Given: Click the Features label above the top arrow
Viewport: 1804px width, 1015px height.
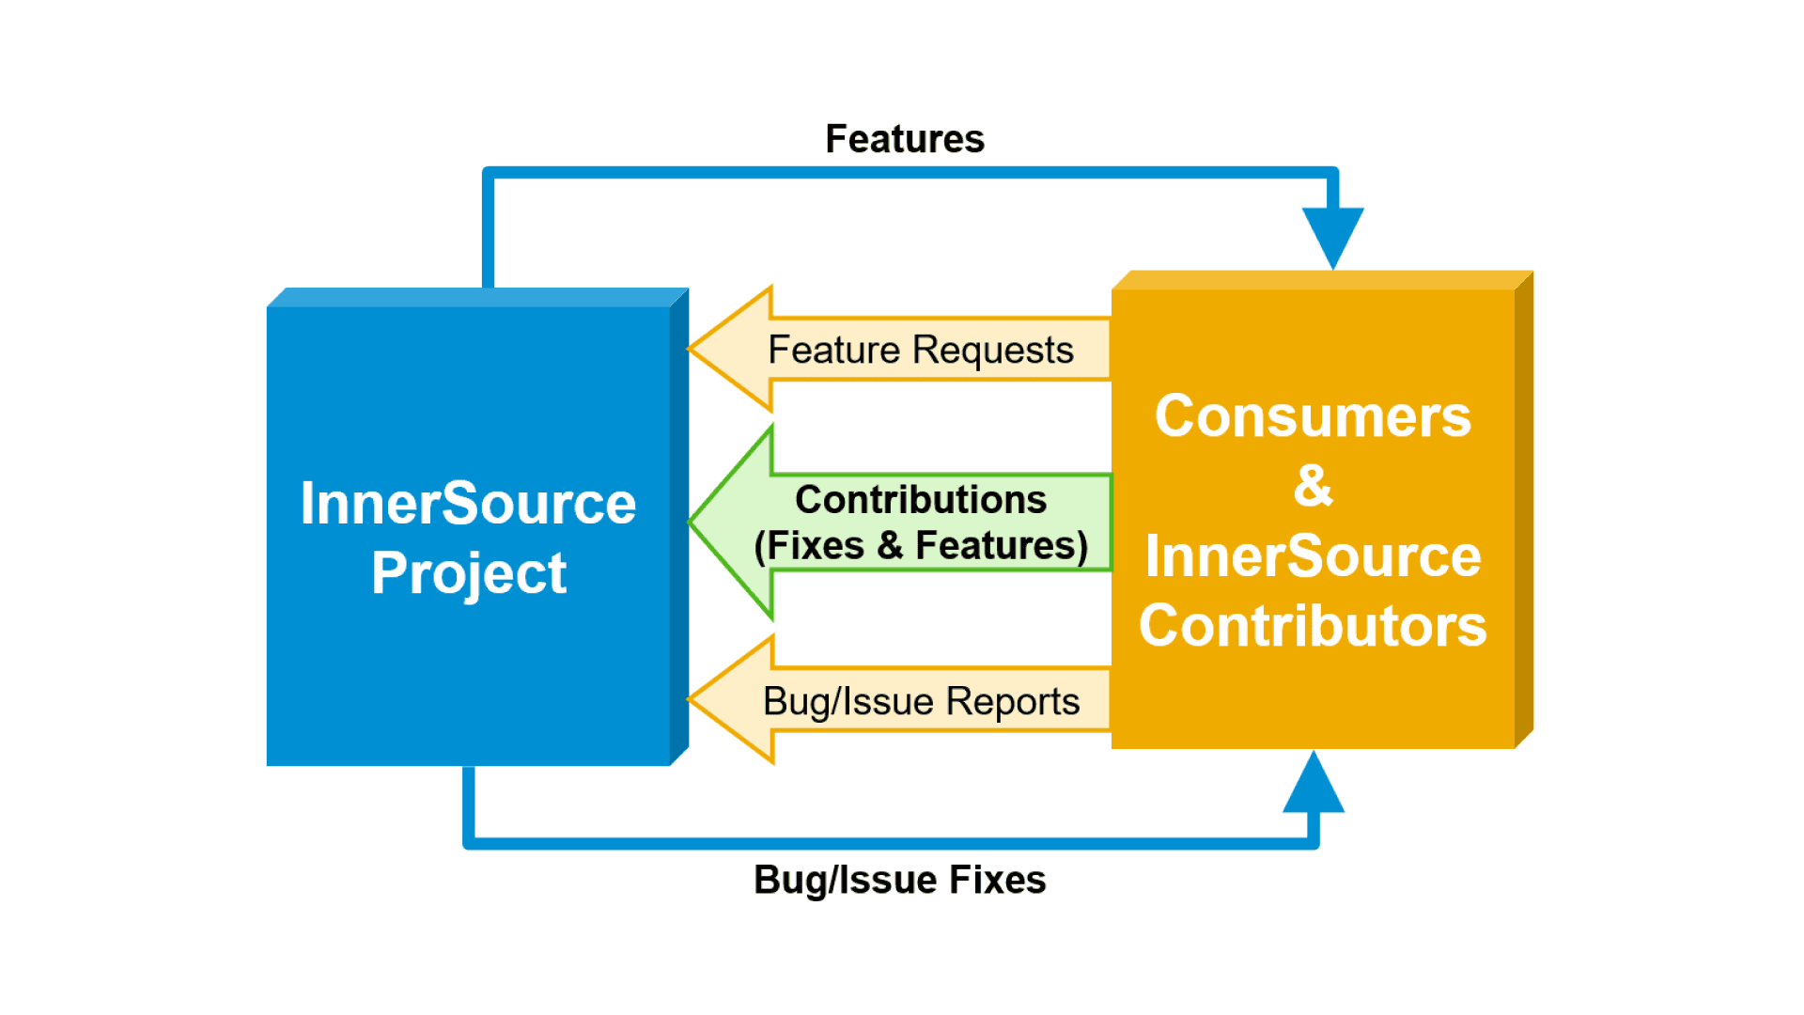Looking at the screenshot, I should click(904, 139).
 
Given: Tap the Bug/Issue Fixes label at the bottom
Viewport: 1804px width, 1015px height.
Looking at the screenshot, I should click(899, 880).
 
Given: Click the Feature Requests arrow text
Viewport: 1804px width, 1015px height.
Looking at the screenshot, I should click(920, 350).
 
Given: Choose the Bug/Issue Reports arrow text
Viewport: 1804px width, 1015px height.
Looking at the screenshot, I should click(921, 701).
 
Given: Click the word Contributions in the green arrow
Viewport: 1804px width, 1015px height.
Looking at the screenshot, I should click(921, 500).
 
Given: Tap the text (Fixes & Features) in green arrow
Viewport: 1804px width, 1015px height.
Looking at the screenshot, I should click(921, 545).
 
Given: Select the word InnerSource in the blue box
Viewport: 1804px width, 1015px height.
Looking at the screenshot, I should click(468, 504).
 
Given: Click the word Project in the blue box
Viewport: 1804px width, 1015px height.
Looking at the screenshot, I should click(469, 572).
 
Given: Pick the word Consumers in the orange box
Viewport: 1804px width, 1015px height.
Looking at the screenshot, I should click(1313, 416).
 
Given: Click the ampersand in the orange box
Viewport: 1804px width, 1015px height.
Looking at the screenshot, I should click(1313, 486).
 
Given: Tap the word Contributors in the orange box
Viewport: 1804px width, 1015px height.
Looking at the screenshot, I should click(1313, 626).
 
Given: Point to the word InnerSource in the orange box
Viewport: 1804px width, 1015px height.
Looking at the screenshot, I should click(1313, 556).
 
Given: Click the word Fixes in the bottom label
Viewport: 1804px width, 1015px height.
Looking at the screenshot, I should click(997, 880).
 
